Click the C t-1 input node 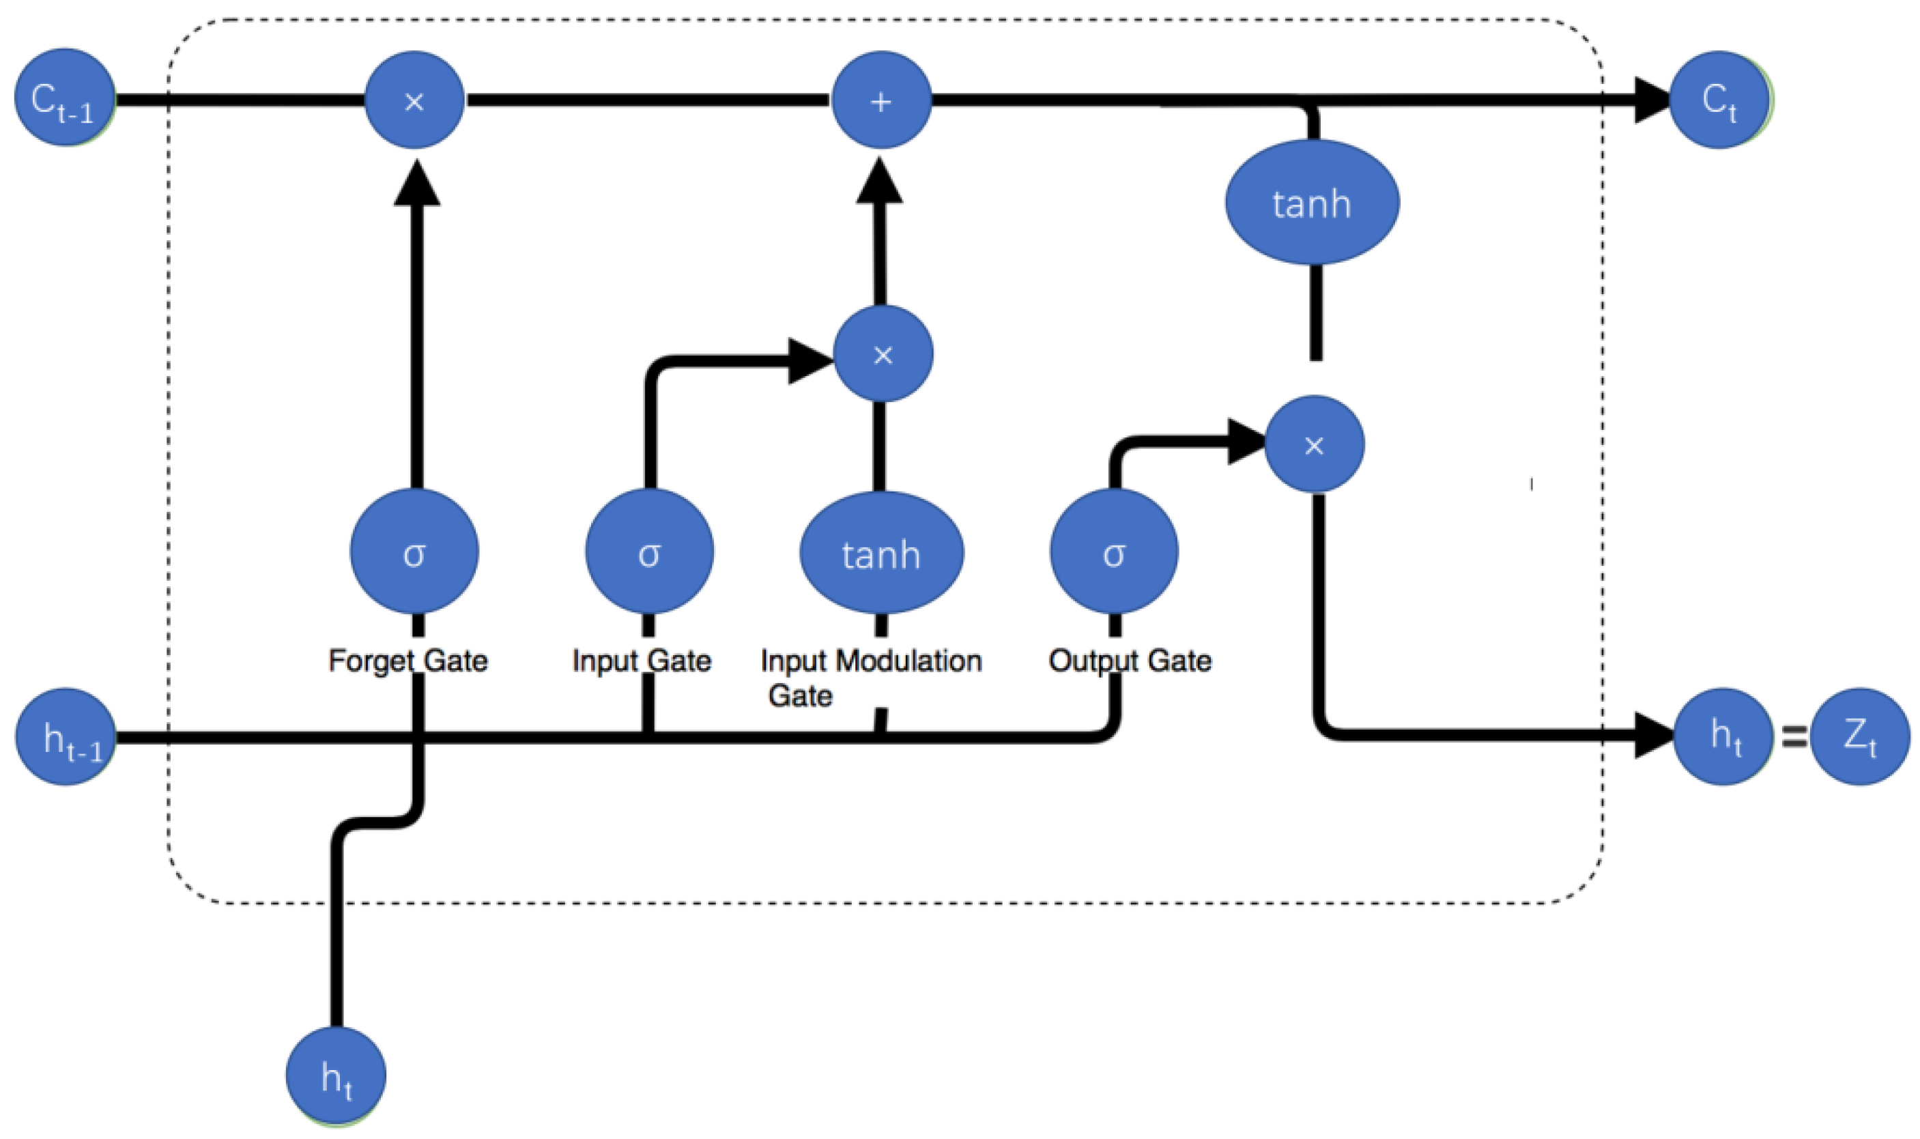point(64,98)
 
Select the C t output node point(1719,100)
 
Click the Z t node point(1860,737)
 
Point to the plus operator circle point(882,100)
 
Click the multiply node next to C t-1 point(414,100)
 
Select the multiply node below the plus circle point(883,354)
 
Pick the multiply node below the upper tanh point(1315,444)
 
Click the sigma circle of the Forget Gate point(414,552)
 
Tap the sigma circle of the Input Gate point(649,552)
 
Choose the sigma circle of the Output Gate point(1114,552)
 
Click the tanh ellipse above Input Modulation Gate point(882,553)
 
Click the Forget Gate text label point(407,661)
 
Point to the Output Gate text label point(1130,661)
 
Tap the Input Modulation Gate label point(870,676)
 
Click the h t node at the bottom point(336,1076)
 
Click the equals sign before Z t point(1793,737)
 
